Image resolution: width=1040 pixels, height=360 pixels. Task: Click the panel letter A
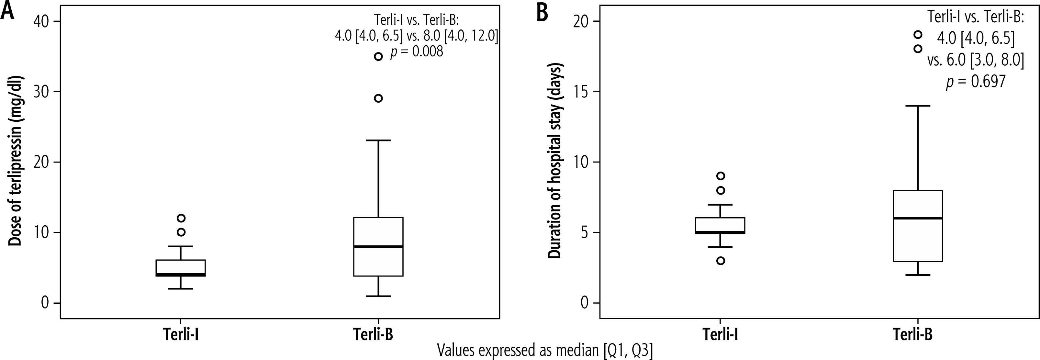[8, 12]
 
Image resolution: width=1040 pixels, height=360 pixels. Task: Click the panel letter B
[542, 13]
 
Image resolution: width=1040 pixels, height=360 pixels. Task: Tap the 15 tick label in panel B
[582, 92]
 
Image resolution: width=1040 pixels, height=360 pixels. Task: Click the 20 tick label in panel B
[582, 21]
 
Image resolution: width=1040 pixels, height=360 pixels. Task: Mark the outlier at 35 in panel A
[378, 57]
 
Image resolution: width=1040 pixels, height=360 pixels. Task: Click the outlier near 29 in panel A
[378, 98]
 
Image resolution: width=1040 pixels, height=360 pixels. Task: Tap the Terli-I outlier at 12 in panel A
[181, 218]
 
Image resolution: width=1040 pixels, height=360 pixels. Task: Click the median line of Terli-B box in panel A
[378, 246]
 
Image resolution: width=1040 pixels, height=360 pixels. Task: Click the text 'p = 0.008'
[416, 52]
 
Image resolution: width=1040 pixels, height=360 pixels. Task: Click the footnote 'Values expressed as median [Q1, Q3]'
[545, 351]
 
